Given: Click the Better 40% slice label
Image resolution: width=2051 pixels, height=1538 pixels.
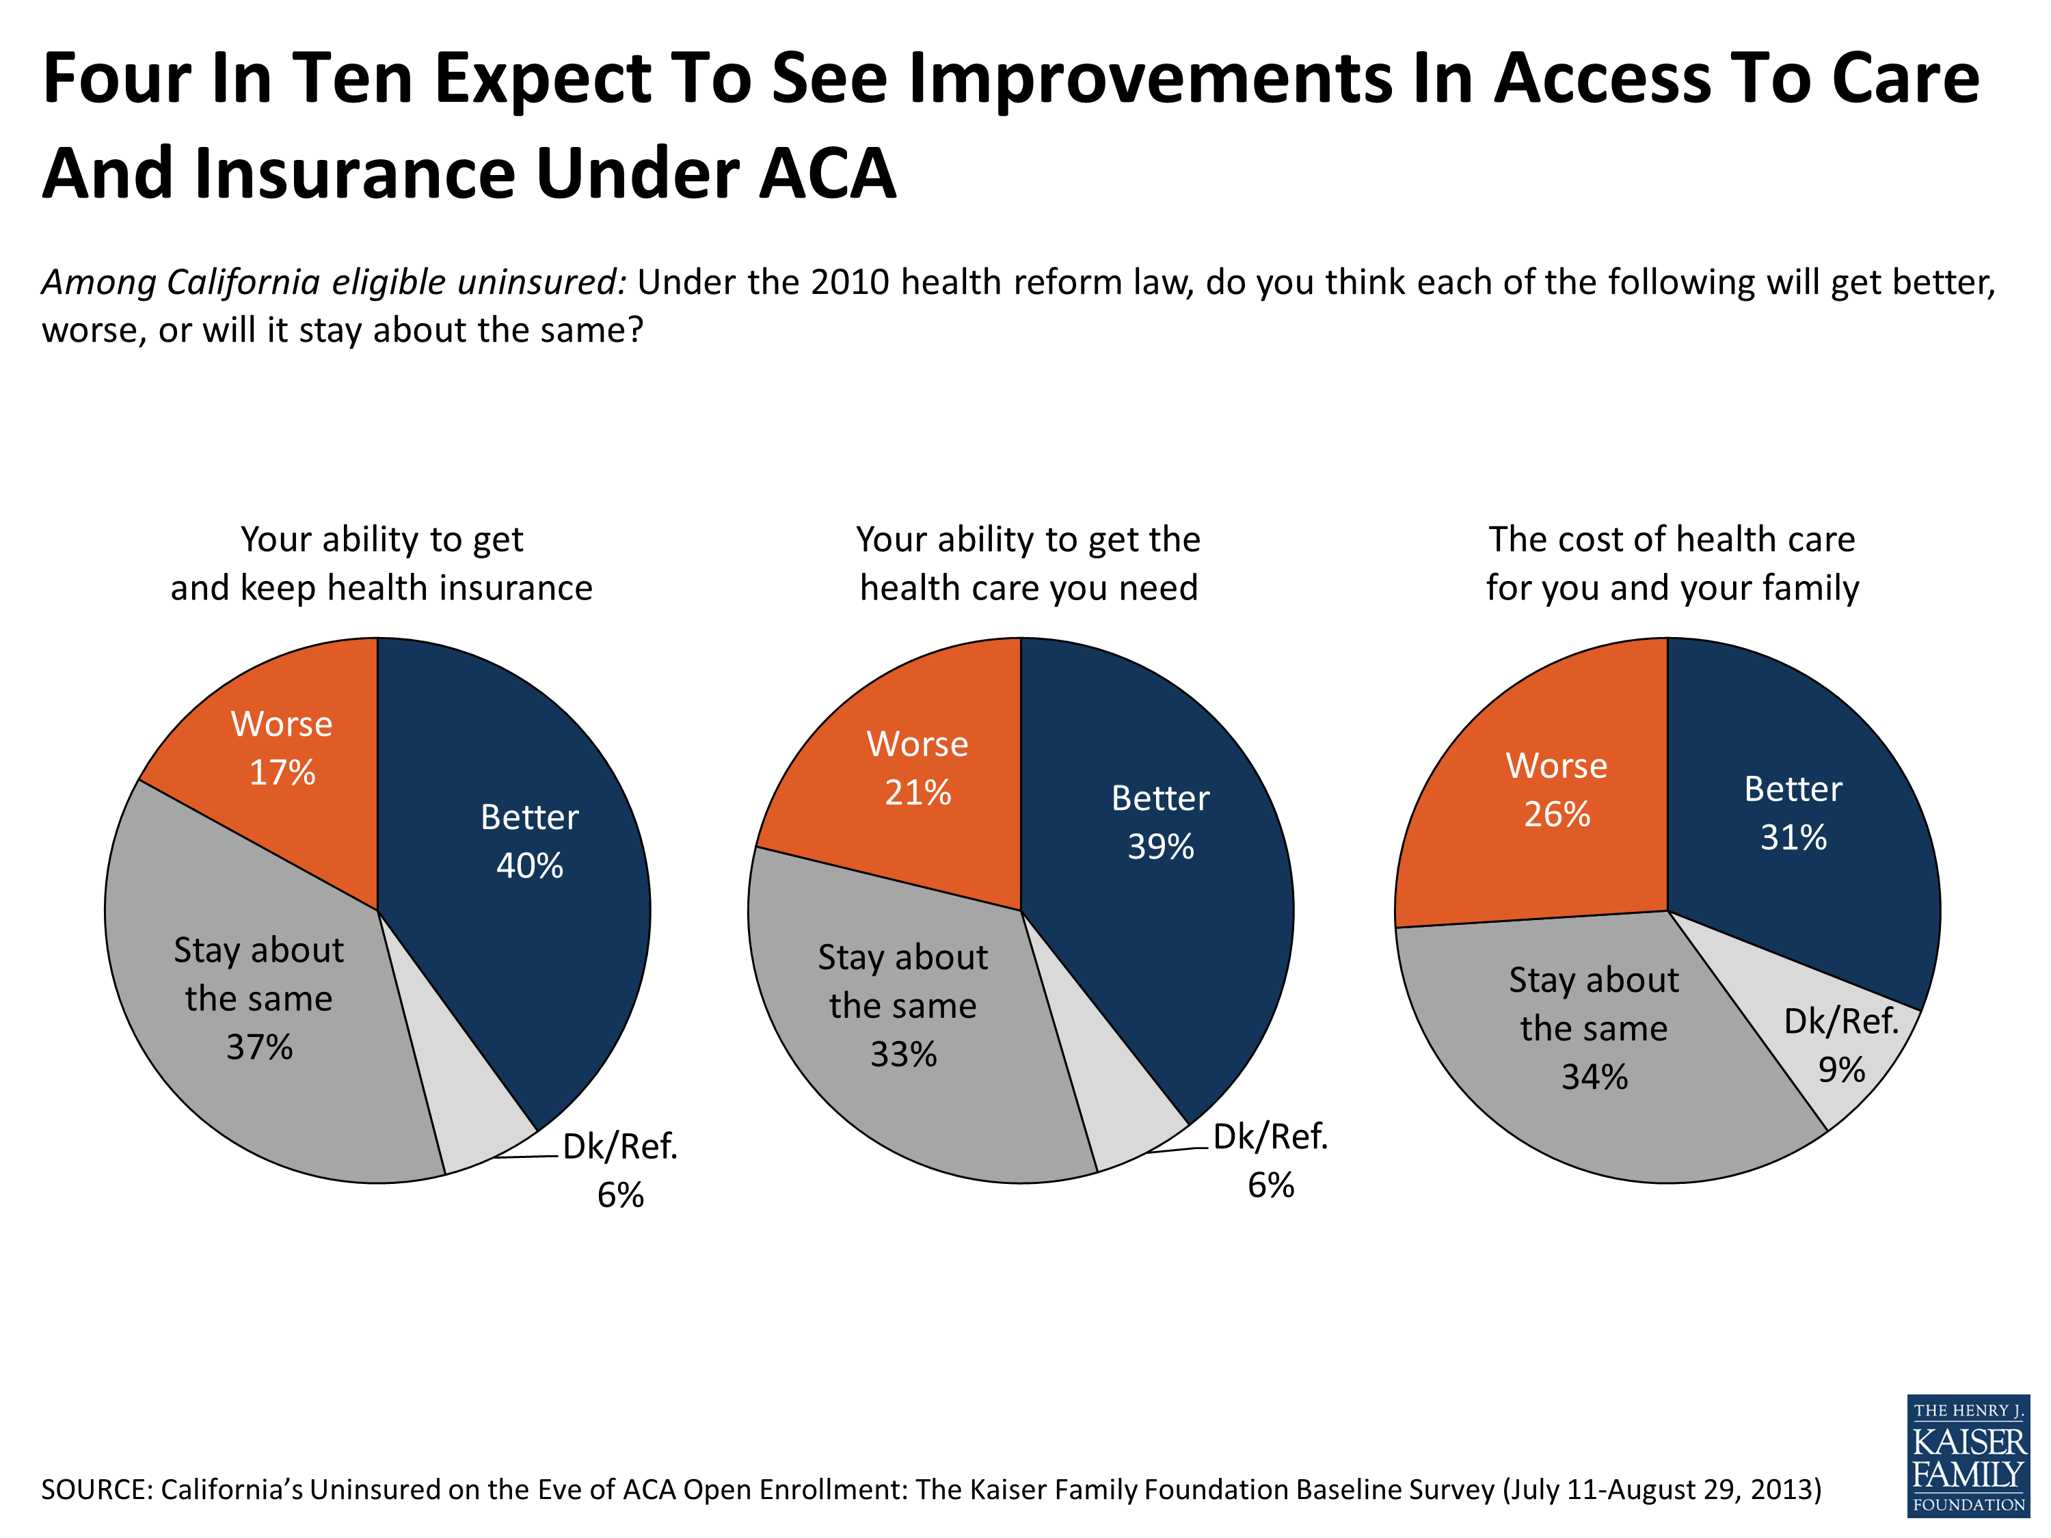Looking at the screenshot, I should pyautogui.click(x=529, y=841).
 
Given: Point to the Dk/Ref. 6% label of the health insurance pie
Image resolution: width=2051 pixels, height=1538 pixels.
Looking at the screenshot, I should pyautogui.click(x=620, y=1170).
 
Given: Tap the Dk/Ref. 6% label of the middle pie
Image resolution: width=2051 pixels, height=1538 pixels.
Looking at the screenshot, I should pyautogui.click(x=1270, y=1160).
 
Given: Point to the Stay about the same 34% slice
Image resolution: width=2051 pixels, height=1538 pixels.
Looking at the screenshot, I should pyautogui.click(x=1594, y=1028).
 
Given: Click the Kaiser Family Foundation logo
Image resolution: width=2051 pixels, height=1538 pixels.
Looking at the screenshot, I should pyautogui.click(x=1968, y=1455).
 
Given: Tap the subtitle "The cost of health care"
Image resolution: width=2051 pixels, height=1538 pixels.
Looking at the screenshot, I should pyautogui.click(x=1671, y=539).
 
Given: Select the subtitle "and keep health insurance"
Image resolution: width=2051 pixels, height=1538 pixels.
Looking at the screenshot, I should pyautogui.click(x=381, y=588).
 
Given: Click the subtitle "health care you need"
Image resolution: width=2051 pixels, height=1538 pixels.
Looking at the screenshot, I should pyautogui.click(x=1028, y=588).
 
